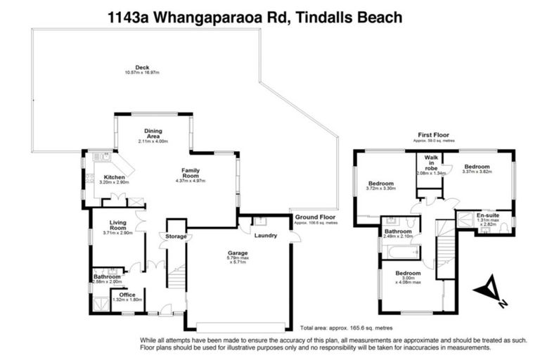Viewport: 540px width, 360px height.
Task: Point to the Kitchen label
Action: [x=115, y=177]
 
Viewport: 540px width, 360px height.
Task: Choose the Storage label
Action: [x=176, y=236]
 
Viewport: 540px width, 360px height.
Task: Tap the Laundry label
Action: [x=266, y=236]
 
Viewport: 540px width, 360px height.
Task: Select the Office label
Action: [x=127, y=295]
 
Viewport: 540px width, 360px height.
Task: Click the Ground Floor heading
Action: [x=315, y=217]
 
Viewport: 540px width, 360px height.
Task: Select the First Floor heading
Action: [x=433, y=134]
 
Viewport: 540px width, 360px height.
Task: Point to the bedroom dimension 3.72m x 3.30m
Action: [x=381, y=188]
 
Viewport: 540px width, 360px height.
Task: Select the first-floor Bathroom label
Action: [x=397, y=231]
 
